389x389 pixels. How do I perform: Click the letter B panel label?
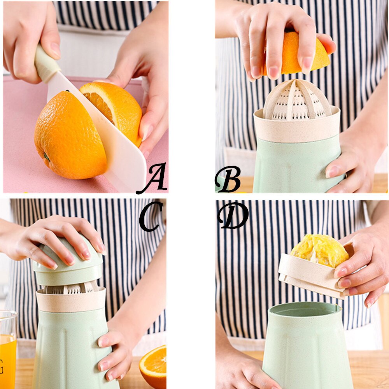(x=228, y=179)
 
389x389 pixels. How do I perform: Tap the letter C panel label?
(x=151, y=216)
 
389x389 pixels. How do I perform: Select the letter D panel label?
(x=233, y=216)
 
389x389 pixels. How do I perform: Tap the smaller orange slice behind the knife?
(x=117, y=105)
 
